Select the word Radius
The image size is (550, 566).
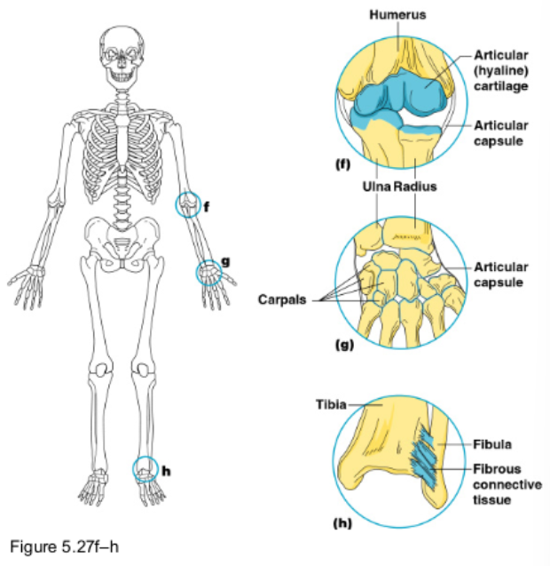415,187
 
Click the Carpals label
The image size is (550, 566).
281,299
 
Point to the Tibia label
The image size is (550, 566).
331,404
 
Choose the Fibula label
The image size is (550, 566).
491,443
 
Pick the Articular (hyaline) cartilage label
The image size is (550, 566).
501,70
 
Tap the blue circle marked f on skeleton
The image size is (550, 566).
187,205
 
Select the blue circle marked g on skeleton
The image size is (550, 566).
208,272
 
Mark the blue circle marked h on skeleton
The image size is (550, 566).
145,468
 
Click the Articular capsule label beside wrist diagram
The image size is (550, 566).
501,275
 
